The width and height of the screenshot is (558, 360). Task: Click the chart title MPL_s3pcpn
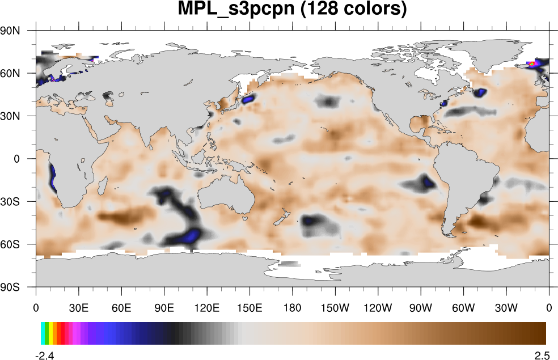pos(292,10)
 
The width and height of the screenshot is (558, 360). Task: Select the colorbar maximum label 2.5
pos(542,355)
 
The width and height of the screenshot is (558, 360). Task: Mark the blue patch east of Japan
pos(248,99)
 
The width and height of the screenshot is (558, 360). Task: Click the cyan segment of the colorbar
pos(43,333)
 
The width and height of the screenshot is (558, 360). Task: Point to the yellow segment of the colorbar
pos(50,333)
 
